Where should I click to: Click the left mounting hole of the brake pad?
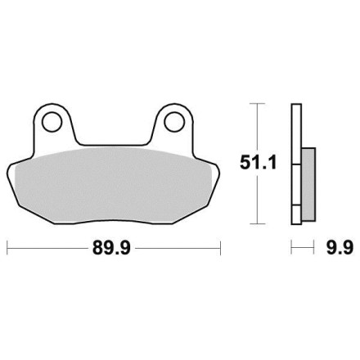(52, 122)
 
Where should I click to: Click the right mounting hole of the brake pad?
(174, 122)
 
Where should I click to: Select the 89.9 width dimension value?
(112, 248)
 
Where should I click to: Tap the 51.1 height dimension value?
(259, 163)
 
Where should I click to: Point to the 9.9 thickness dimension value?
(340, 248)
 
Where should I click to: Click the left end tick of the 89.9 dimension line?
(7, 248)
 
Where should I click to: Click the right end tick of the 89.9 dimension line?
(220, 248)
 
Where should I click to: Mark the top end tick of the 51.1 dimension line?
(258, 104)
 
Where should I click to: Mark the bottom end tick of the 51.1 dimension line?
(258, 223)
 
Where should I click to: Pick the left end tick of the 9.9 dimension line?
(291, 247)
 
